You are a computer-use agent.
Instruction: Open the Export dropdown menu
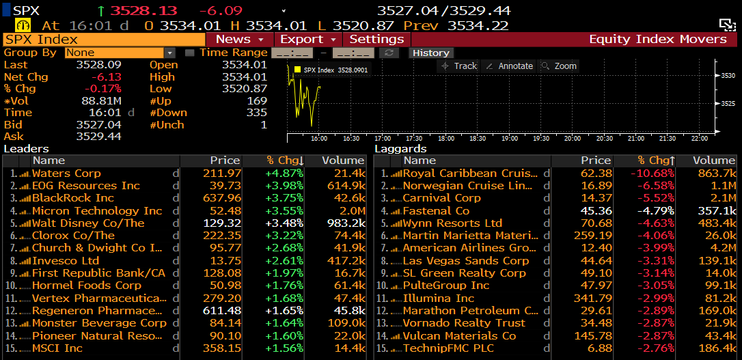308,40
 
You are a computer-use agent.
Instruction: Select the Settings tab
376,40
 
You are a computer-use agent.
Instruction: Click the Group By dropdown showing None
120,53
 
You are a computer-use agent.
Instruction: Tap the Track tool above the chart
459,66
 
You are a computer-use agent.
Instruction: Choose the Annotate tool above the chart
509,66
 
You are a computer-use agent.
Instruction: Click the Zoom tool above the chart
559,66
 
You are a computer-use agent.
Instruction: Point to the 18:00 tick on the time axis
445,138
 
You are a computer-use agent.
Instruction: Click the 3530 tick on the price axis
727,76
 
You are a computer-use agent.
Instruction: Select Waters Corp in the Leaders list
66,174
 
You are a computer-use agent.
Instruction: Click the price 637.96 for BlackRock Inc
223,198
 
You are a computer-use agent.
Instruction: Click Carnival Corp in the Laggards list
441,198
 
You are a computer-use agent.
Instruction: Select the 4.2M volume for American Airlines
723,248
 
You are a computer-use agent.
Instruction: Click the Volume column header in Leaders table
344,161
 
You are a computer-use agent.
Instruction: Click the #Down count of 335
256,113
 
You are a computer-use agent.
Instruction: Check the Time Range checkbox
190,53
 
